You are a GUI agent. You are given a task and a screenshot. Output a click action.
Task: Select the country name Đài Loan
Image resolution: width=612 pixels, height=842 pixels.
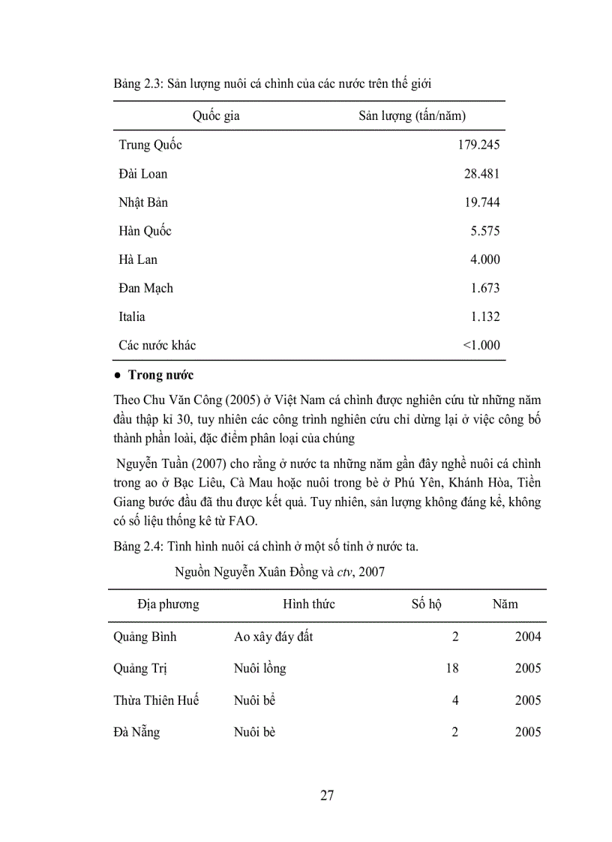142,174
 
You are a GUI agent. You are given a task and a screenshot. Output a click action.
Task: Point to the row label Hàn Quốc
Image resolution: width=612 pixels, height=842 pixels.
145,231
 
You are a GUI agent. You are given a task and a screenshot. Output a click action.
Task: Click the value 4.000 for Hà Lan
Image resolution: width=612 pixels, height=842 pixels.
484,259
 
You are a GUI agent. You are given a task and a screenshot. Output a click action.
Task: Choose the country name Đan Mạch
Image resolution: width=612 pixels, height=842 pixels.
145,288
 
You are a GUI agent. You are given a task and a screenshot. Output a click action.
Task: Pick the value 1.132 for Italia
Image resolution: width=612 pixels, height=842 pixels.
484,316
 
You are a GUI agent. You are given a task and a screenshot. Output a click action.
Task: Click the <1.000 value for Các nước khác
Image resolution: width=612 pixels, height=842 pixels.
481,346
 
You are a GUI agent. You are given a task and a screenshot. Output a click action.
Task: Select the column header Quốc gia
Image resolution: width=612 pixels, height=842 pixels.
216,116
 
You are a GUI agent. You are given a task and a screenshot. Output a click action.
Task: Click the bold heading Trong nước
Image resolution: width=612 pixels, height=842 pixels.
160,375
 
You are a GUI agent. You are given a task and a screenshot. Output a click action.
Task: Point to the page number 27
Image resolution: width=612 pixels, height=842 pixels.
327,796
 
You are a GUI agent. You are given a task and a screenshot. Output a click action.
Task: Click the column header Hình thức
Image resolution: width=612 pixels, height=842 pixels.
309,604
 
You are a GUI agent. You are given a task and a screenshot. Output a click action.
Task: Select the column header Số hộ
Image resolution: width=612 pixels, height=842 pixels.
427,604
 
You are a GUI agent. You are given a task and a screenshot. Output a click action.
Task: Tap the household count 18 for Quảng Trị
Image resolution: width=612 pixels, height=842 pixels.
451,668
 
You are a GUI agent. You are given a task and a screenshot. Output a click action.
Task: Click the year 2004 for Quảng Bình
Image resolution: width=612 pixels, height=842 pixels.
528,637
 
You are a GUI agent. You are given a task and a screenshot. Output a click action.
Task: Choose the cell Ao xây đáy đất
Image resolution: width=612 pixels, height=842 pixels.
273,637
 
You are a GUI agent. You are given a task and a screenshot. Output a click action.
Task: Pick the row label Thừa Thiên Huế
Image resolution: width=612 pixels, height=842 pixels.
156,700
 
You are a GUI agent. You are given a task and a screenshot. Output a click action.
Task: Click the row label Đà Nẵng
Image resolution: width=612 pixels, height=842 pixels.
136,733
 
